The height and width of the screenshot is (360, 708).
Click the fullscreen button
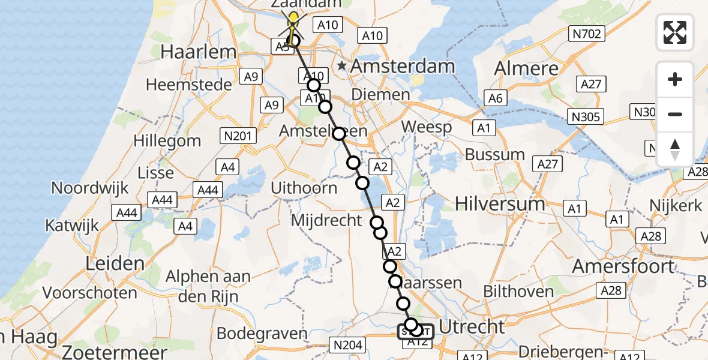pos(675,32)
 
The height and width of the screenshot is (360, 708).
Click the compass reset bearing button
pos(675,149)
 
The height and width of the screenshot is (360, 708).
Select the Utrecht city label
pos(472,327)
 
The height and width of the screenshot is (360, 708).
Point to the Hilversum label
pos(500,203)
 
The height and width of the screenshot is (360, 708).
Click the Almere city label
pos(527,68)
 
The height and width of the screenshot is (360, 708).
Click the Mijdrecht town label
pos(326,220)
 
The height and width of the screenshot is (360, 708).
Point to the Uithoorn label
pos(304,188)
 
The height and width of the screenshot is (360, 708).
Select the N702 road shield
pos(587,34)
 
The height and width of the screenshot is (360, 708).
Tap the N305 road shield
pos(587,116)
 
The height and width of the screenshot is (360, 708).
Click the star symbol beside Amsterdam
pos(342,65)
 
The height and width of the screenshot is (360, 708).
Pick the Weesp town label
pos(426,127)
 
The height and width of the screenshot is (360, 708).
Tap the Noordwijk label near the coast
pos(90,188)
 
